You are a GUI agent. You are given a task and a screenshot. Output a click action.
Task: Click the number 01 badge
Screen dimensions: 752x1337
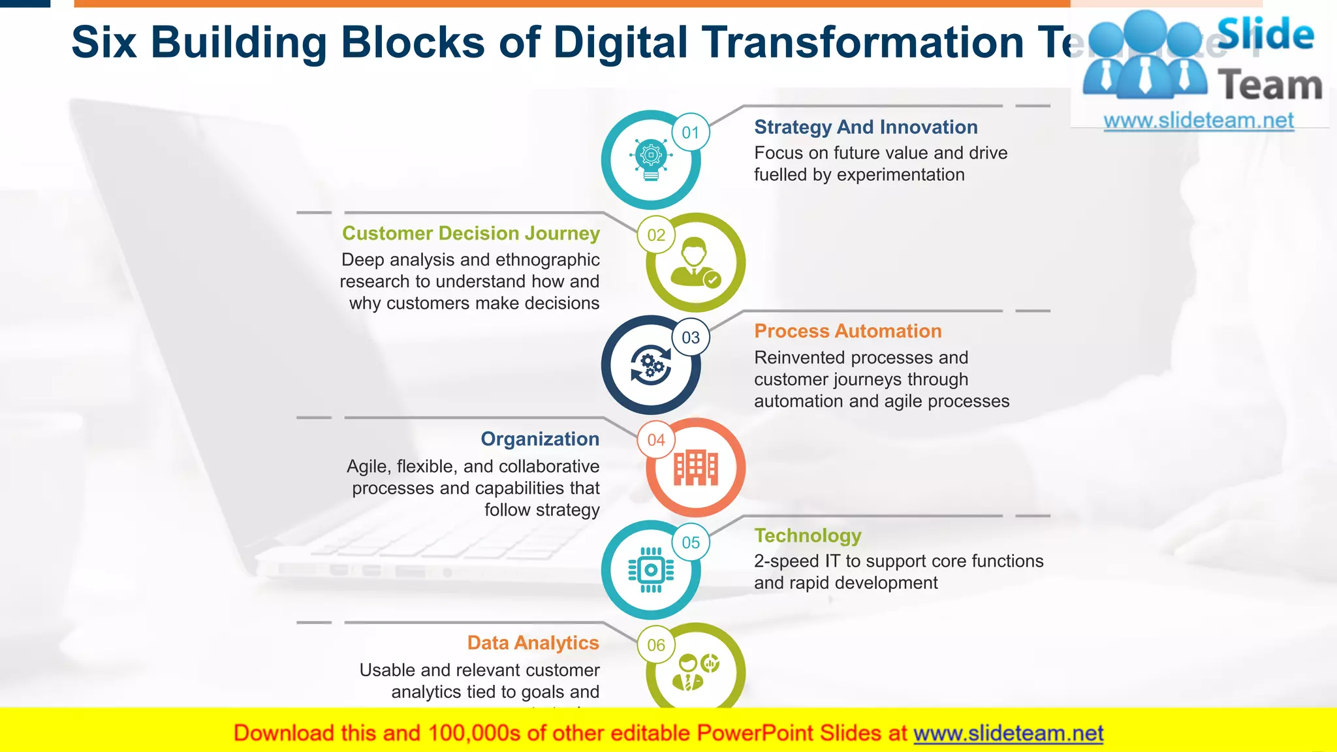(690, 133)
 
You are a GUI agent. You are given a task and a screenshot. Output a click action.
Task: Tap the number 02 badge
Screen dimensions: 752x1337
(656, 235)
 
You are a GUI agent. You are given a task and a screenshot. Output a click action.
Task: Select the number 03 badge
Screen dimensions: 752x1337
(690, 337)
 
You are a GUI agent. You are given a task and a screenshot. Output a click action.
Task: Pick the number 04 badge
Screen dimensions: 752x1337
(656, 440)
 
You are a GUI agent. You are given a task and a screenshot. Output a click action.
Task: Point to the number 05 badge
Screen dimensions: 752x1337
(690, 542)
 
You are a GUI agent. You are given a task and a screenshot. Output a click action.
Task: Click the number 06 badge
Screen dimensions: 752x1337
(656, 645)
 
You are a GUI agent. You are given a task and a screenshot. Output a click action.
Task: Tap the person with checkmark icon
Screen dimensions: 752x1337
(696, 262)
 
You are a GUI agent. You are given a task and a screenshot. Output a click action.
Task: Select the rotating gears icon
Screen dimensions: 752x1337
(651, 365)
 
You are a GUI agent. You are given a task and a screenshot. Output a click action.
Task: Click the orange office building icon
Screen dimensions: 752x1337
(696, 468)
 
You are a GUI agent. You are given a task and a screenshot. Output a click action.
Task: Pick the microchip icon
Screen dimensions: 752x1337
(651, 570)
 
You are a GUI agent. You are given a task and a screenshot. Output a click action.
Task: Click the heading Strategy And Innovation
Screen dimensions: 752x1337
(866, 127)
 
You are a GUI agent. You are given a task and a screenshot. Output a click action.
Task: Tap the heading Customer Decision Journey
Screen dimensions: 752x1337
(471, 233)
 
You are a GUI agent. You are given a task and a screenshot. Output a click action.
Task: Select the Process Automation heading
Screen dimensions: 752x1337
(847, 331)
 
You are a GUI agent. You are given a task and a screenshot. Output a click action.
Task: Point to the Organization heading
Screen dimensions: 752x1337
(540, 439)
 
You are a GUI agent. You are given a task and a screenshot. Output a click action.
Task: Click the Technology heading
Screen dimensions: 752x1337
(808, 535)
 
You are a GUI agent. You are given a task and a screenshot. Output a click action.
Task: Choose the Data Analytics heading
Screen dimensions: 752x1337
(533, 643)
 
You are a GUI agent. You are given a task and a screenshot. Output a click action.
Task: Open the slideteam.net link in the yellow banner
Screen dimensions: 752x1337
(1008, 733)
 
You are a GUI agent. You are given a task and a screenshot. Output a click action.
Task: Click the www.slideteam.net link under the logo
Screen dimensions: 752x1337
(1199, 120)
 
